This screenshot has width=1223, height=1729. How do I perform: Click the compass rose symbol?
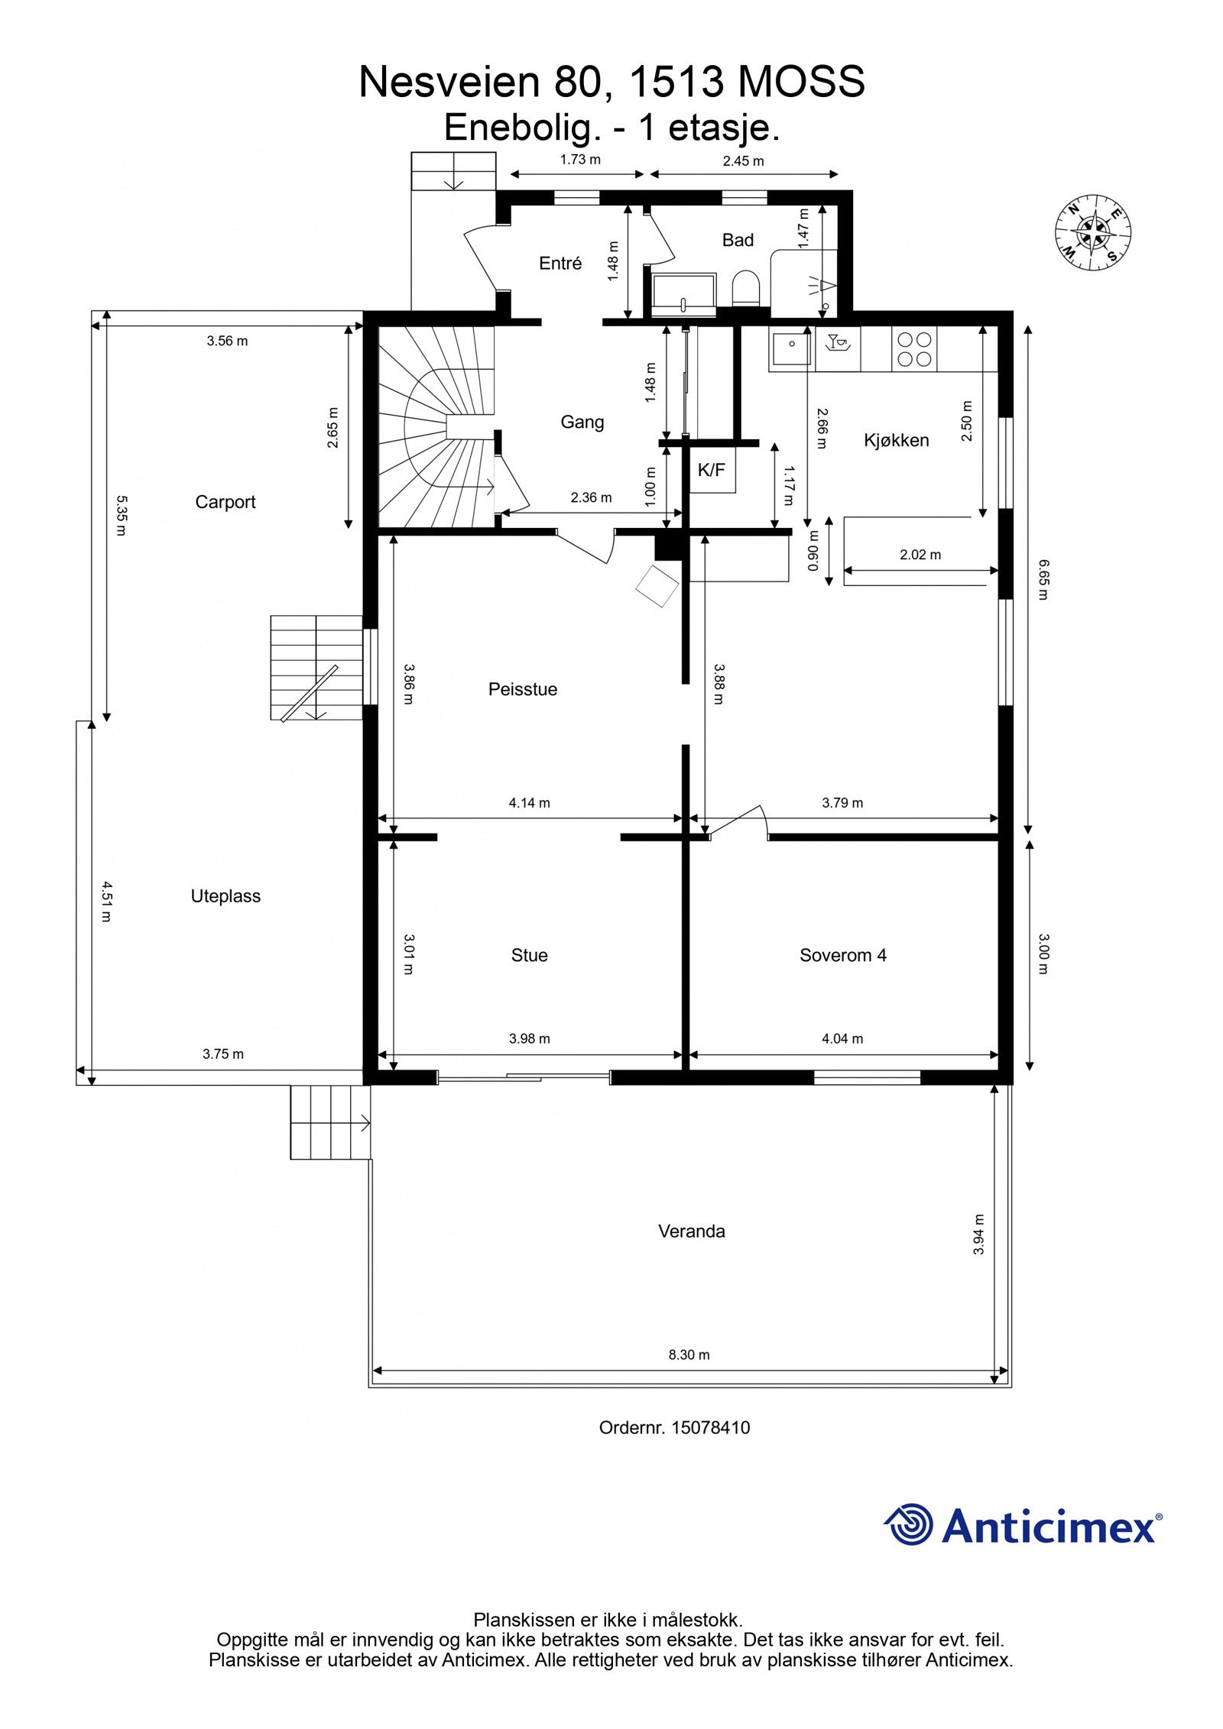click(1093, 232)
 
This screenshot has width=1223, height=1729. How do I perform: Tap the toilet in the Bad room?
click(746, 290)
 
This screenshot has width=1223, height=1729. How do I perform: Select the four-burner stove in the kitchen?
click(914, 349)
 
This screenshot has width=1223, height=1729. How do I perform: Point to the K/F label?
click(711, 471)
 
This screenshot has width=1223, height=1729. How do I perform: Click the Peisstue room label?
click(523, 689)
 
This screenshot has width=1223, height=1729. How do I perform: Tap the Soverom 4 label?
click(843, 955)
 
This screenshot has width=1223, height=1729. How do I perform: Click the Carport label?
click(225, 502)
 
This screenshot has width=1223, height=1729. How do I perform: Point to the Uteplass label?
click(225, 896)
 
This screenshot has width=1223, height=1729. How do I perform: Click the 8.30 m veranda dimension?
click(689, 1355)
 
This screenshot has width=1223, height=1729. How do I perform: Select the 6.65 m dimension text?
click(1044, 580)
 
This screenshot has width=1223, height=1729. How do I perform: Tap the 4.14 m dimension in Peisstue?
click(530, 803)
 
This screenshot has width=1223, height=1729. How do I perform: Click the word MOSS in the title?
click(801, 82)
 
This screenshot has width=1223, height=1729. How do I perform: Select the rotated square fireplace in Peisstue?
click(657, 586)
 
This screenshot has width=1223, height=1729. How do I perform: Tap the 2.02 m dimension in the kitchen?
click(920, 555)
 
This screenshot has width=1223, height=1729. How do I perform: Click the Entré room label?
click(560, 263)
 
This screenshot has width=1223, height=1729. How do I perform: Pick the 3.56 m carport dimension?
click(227, 341)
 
